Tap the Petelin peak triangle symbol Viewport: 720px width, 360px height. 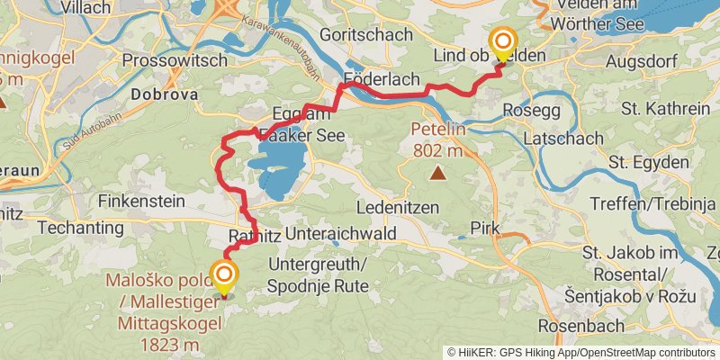point(437,173)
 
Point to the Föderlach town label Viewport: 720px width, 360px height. point(383,79)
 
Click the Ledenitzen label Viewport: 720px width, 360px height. point(397,207)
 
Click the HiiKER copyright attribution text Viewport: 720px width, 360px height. point(580,353)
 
